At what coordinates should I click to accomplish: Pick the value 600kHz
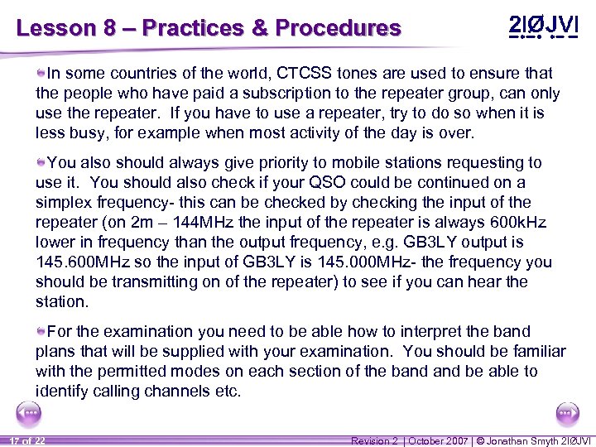coord(517,222)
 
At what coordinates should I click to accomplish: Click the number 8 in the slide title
coord(109,28)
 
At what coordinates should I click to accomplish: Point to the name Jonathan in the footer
coord(513,440)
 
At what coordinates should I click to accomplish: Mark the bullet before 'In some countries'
coord(41,73)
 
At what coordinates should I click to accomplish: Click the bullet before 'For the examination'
coord(41,330)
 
